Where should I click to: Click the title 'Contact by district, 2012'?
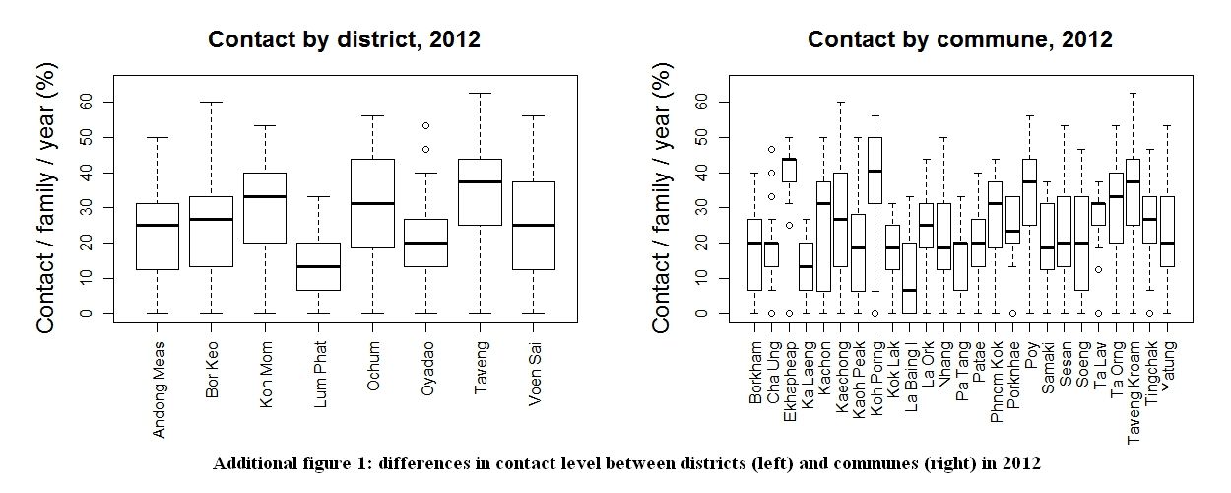point(344,39)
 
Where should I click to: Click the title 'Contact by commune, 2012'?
point(960,39)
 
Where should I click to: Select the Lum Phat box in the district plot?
point(319,266)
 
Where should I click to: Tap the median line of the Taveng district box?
point(481,181)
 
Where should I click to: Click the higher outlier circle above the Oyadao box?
point(425,125)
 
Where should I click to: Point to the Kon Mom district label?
point(266,375)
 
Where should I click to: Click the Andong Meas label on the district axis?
point(159,389)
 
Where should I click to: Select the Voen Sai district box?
point(534,226)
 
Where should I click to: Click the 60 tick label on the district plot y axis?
point(86,102)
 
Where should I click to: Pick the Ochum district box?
point(372,203)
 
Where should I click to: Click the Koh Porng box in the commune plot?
point(875,171)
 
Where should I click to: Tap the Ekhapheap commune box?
point(789,170)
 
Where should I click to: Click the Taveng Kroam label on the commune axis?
point(1134,392)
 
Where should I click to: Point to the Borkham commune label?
point(755,373)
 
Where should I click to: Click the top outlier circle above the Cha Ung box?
point(771,149)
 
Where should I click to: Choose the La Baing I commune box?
point(909,278)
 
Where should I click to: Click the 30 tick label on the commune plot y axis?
point(701,207)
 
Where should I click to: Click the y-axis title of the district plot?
point(46,198)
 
